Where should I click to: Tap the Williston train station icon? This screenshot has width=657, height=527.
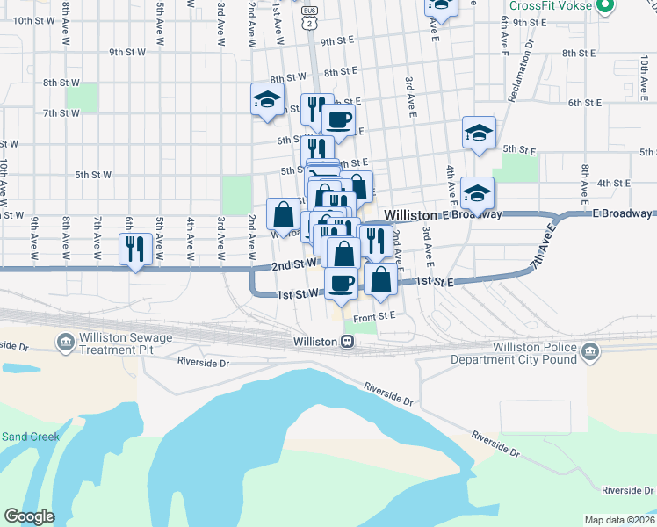click(x=349, y=342)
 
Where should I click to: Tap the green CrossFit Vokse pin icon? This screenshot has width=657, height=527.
click(x=603, y=7)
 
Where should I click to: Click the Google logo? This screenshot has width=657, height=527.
click(x=29, y=516)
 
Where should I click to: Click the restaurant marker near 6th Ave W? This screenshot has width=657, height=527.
click(x=134, y=249)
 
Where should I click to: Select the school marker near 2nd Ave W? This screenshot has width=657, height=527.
click(x=266, y=100)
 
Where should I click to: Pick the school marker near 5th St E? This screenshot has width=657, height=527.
click(x=479, y=133)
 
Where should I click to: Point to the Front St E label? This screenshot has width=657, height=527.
click(x=376, y=314)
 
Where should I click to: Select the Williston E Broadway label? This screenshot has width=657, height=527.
click(x=443, y=214)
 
